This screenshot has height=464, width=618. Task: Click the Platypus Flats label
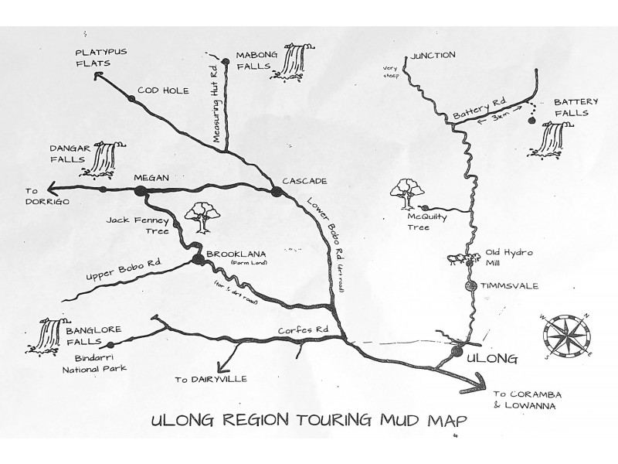tap(101, 57)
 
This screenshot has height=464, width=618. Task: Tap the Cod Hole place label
tap(163, 90)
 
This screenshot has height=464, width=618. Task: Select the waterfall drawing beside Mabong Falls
tap(293, 62)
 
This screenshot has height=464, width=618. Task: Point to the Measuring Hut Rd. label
tap(216, 104)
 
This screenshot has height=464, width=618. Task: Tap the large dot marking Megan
tap(141, 191)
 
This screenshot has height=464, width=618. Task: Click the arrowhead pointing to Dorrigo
tap(54, 188)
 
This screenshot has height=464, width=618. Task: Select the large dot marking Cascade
tap(277, 192)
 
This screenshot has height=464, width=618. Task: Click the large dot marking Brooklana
tap(199, 259)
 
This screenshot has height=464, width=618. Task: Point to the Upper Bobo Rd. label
tap(124, 269)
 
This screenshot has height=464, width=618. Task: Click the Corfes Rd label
tap(303, 330)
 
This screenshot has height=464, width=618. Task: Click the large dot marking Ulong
tap(457, 351)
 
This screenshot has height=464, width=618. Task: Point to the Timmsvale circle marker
tap(470, 286)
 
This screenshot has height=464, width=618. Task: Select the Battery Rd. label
tap(480, 108)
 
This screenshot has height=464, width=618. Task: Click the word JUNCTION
tap(433, 55)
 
